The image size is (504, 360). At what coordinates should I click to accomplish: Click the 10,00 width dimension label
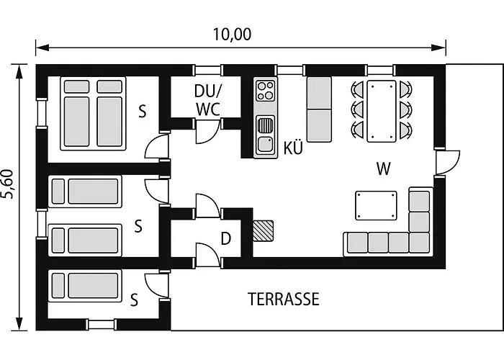click(x=232, y=35)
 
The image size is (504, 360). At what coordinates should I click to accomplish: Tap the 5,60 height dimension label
click(x=7, y=184)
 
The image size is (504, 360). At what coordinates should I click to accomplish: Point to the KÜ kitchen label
click(x=293, y=148)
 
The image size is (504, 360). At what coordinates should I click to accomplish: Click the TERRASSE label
click(x=284, y=299)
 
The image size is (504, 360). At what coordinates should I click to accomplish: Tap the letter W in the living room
click(x=384, y=168)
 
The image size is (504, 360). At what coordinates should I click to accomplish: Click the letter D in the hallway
click(x=226, y=239)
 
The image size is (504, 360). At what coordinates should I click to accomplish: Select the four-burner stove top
click(x=266, y=90)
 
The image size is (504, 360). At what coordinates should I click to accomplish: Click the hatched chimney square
click(x=264, y=231)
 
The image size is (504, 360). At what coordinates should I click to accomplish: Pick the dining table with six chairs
click(x=381, y=111)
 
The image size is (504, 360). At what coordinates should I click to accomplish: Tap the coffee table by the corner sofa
click(x=376, y=206)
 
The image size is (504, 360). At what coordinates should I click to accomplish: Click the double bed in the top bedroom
click(x=93, y=114)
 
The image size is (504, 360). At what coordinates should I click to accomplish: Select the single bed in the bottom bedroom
click(x=85, y=286)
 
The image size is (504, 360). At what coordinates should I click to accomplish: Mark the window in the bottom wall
click(x=102, y=325)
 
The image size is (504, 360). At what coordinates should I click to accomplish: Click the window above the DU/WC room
click(x=207, y=71)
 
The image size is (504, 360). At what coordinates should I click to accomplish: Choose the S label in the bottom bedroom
click(x=135, y=300)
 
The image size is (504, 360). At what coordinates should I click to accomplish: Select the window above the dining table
click(x=380, y=71)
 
